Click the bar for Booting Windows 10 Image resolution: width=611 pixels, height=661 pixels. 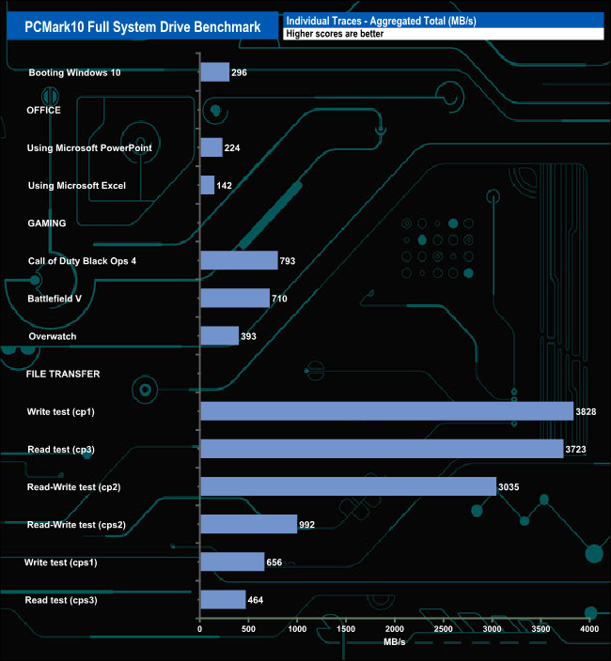pos(215,72)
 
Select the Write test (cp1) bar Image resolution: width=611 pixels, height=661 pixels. pos(386,411)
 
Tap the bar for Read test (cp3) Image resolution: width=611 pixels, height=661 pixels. pos(382,449)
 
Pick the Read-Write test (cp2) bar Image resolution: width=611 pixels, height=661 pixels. pos(348,486)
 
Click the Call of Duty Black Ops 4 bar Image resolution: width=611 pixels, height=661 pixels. pos(239,260)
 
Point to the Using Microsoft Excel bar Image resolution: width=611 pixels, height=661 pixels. pos(208,185)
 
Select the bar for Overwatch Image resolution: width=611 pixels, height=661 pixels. pos(220,335)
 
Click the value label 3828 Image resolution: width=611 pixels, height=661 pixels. pos(587,412)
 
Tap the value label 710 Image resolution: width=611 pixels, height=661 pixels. pos(278,299)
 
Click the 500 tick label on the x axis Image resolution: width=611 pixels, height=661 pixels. pos(248,629)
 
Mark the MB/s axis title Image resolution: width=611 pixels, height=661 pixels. pos(394,642)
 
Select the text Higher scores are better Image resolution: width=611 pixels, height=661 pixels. pos(334,34)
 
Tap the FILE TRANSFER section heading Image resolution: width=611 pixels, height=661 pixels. pos(63,374)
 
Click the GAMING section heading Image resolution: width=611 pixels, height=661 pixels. pos(46,223)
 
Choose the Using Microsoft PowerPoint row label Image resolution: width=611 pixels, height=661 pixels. pos(90,147)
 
